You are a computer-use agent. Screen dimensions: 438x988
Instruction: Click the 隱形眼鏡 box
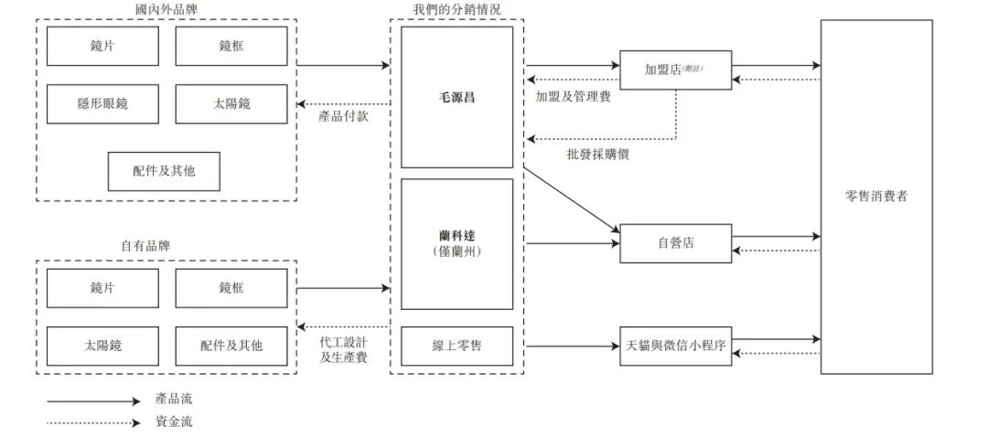coord(102,104)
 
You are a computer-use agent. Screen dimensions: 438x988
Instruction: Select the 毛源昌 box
coord(456,97)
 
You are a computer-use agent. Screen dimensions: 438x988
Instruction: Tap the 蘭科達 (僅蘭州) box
coord(456,243)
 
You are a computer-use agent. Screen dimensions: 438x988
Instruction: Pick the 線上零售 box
coord(456,346)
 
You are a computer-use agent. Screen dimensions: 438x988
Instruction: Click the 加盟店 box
coord(675,69)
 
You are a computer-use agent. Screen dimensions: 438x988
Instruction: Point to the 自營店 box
coord(675,243)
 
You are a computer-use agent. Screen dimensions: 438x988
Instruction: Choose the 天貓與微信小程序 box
coord(675,346)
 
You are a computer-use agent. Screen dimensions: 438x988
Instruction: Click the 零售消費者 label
coord(875,196)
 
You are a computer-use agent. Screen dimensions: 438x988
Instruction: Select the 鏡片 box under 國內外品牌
coord(102,46)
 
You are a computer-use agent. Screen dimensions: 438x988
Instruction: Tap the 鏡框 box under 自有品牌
coord(231,287)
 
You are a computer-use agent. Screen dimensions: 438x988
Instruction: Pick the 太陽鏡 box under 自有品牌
coord(102,346)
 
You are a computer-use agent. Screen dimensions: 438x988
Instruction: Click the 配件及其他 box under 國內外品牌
coord(164,171)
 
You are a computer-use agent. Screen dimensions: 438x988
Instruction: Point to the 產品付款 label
coord(343,116)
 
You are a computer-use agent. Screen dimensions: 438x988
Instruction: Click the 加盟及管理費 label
coord(573,96)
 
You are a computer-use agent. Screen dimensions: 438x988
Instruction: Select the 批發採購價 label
coord(597,155)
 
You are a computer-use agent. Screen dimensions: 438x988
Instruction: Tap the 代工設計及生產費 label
coord(343,349)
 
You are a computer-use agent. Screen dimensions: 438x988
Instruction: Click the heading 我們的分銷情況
coord(456,9)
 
